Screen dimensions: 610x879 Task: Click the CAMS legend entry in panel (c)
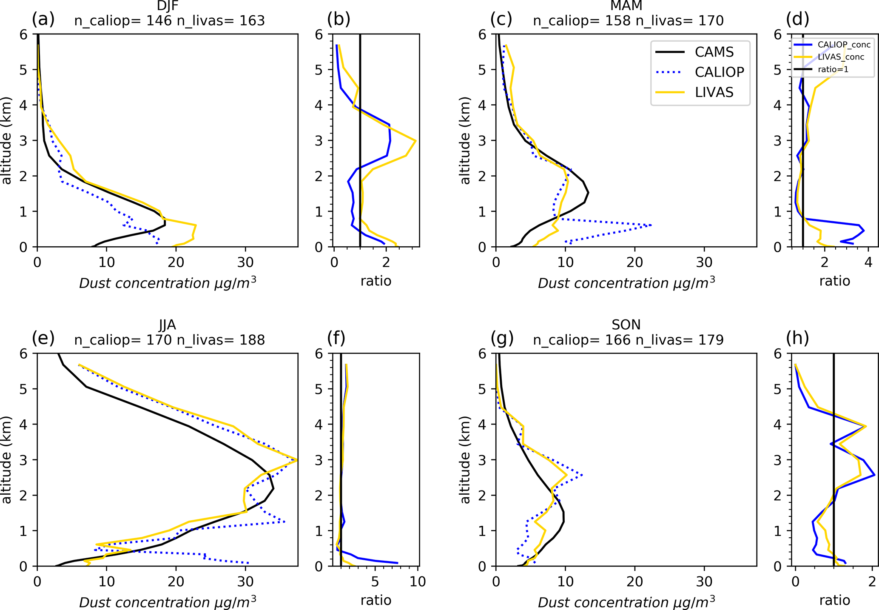pos(714,52)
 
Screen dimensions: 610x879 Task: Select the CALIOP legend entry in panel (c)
pos(719,72)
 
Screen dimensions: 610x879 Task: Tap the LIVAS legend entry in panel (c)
pos(714,92)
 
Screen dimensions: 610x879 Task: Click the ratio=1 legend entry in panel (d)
pos(833,69)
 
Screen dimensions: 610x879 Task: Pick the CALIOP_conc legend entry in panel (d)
pos(844,45)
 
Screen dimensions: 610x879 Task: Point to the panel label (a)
pos(43,19)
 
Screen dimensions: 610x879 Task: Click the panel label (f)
pos(336,338)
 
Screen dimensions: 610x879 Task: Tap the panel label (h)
pos(797,338)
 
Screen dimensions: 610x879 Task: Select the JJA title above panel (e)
pos(168,325)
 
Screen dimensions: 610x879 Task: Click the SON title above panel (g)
pos(626,325)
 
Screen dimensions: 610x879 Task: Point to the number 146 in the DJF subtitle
pos(159,20)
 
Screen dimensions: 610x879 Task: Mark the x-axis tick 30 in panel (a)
pos(245,262)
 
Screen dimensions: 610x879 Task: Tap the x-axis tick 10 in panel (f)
pos(418,581)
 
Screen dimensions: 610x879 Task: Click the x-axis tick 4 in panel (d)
pos(868,262)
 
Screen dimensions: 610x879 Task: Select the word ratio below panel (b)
pos(376,281)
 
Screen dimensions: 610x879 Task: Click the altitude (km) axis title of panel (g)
pos(466,459)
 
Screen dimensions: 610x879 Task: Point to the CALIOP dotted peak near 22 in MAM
pos(651,225)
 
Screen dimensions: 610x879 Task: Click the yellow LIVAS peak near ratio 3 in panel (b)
pos(415,141)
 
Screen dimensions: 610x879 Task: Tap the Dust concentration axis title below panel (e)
pos(168,602)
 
